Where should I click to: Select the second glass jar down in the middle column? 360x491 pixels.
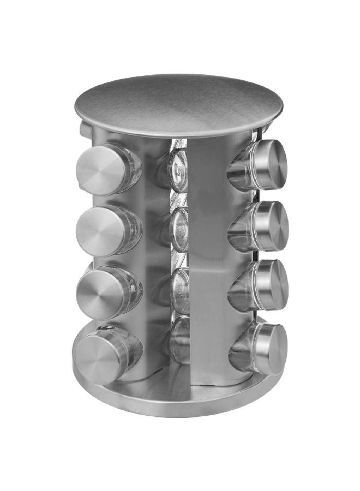click(x=179, y=229)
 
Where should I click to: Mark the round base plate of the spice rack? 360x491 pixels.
click(x=180, y=396)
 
